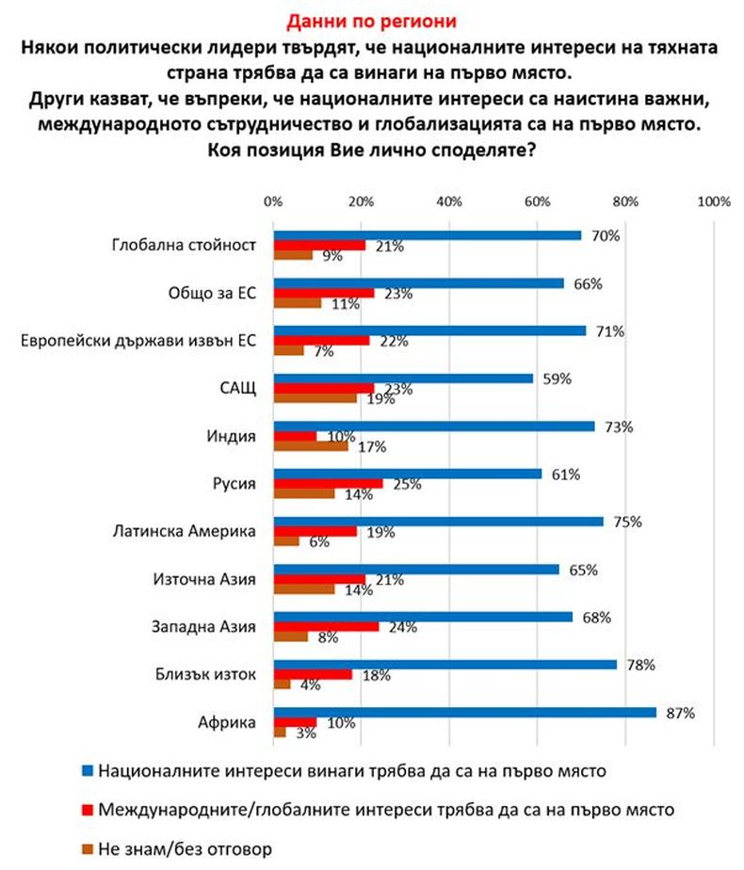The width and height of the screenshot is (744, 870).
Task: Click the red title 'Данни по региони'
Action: [x=371, y=19]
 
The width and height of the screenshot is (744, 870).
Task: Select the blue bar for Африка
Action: [x=464, y=713]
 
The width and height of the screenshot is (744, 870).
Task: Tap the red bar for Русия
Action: [x=328, y=483]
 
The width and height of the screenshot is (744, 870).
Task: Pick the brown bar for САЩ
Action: [x=315, y=398]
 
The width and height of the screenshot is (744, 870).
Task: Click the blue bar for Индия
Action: [x=434, y=426]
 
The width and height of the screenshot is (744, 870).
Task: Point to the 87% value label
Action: [x=680, y=713]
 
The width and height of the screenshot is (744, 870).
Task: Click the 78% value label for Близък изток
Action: [x=640, y=666]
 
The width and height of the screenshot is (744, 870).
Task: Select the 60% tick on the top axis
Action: [x=537, y=201]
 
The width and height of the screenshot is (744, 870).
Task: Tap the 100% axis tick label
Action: [x=713, y=201]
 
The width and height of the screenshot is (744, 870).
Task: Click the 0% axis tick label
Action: [x=273, y=201]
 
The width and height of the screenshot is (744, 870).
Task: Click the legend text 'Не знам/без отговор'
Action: [x=186, y=848]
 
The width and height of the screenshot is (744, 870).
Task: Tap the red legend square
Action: [x=88, y=809]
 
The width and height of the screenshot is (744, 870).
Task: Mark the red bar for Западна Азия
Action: [x=326, y=626]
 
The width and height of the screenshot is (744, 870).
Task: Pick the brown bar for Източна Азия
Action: [x=303, y=589]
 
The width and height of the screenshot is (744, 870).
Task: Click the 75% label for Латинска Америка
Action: [x=627, y=522]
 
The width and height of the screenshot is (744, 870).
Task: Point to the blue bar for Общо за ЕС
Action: [x=418, y=282]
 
